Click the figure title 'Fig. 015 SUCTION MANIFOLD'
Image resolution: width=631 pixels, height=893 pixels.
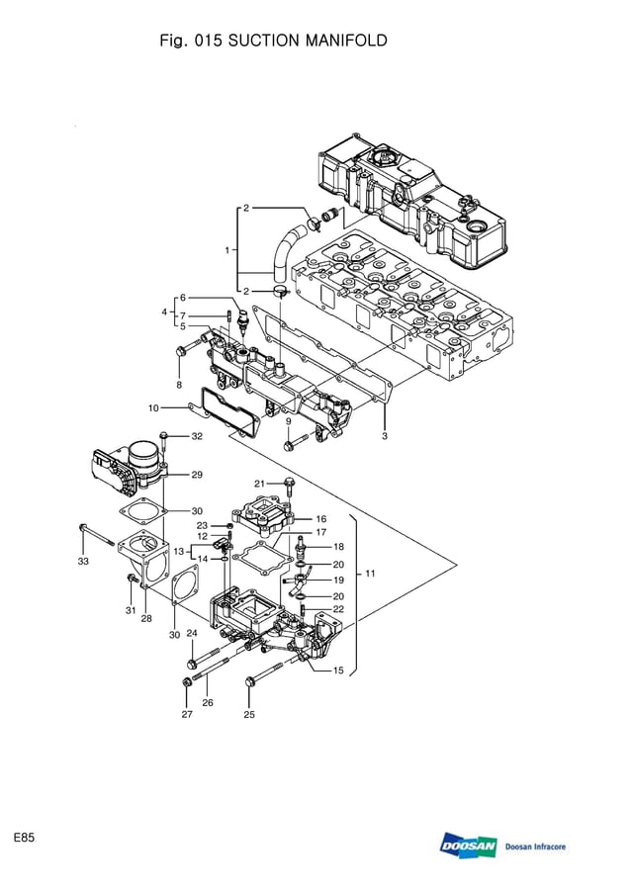[x=266, y=41]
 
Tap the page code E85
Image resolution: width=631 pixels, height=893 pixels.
[x=25, y=838]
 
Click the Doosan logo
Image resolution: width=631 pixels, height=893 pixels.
[x=469, y=847]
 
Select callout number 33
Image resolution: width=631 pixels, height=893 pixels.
[x=83, y=562]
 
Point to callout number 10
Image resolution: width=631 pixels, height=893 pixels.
[x=153, y=407]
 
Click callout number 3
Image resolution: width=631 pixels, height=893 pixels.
[x=384, y=436]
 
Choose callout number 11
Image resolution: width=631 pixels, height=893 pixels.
[x=370, y=573]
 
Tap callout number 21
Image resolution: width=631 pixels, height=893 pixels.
[x=260, y=483]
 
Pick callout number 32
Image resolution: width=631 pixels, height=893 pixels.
[x=197, y=436]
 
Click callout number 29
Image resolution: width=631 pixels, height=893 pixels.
[x=197, y=475]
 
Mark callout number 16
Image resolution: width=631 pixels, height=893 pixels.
[x=320, y=518]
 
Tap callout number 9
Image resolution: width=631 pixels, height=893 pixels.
[x=289, y=421]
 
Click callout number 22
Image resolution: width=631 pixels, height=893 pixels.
[x=337, y=609]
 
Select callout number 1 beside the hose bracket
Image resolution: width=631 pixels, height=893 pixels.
[x=227, y=250]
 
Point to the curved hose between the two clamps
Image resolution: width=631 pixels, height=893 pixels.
[x=283, y=247]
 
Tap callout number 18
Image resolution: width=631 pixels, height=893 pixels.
[x=337, y=546]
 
